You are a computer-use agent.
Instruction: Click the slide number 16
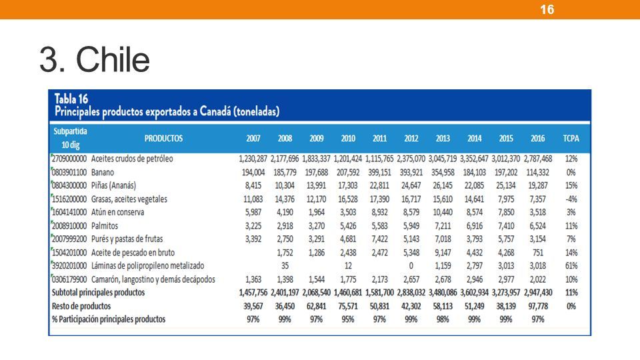click(x=547, y=9)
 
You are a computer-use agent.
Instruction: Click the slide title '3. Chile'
click(x=95, y=59)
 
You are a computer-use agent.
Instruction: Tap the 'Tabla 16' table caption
click(x=71, y=99)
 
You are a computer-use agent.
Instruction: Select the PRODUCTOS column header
click(x=163, y=139)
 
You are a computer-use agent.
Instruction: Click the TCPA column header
click(x=571, y=139)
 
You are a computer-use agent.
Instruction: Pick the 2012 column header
click(x=411, y=139)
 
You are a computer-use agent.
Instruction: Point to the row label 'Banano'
click(x=103, y=172)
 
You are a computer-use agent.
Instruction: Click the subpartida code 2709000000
click(x=69, y=159)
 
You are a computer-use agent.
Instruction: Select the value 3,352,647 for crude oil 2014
click(x=474, y=159)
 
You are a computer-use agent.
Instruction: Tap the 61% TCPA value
click(x=571, y=266)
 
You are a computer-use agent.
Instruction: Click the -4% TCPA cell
click(x=571, y=199)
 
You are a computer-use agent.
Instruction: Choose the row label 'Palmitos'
click(x=105, y=226)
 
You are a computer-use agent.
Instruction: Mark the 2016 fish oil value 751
click(x=537, y=253)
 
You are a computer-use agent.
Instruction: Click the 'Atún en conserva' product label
click(x=117, y=212)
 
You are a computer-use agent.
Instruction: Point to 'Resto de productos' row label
click(x=81, y=306)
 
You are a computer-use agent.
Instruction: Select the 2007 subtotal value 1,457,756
click(x=253, y=293)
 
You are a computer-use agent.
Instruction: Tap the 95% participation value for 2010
click(x=348, y=319)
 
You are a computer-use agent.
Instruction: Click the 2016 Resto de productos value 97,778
click(x=537, y=306)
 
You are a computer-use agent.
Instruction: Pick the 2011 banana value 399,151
click(x=379, y=172)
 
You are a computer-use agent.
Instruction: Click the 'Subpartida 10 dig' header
click(x=70, y=138)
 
